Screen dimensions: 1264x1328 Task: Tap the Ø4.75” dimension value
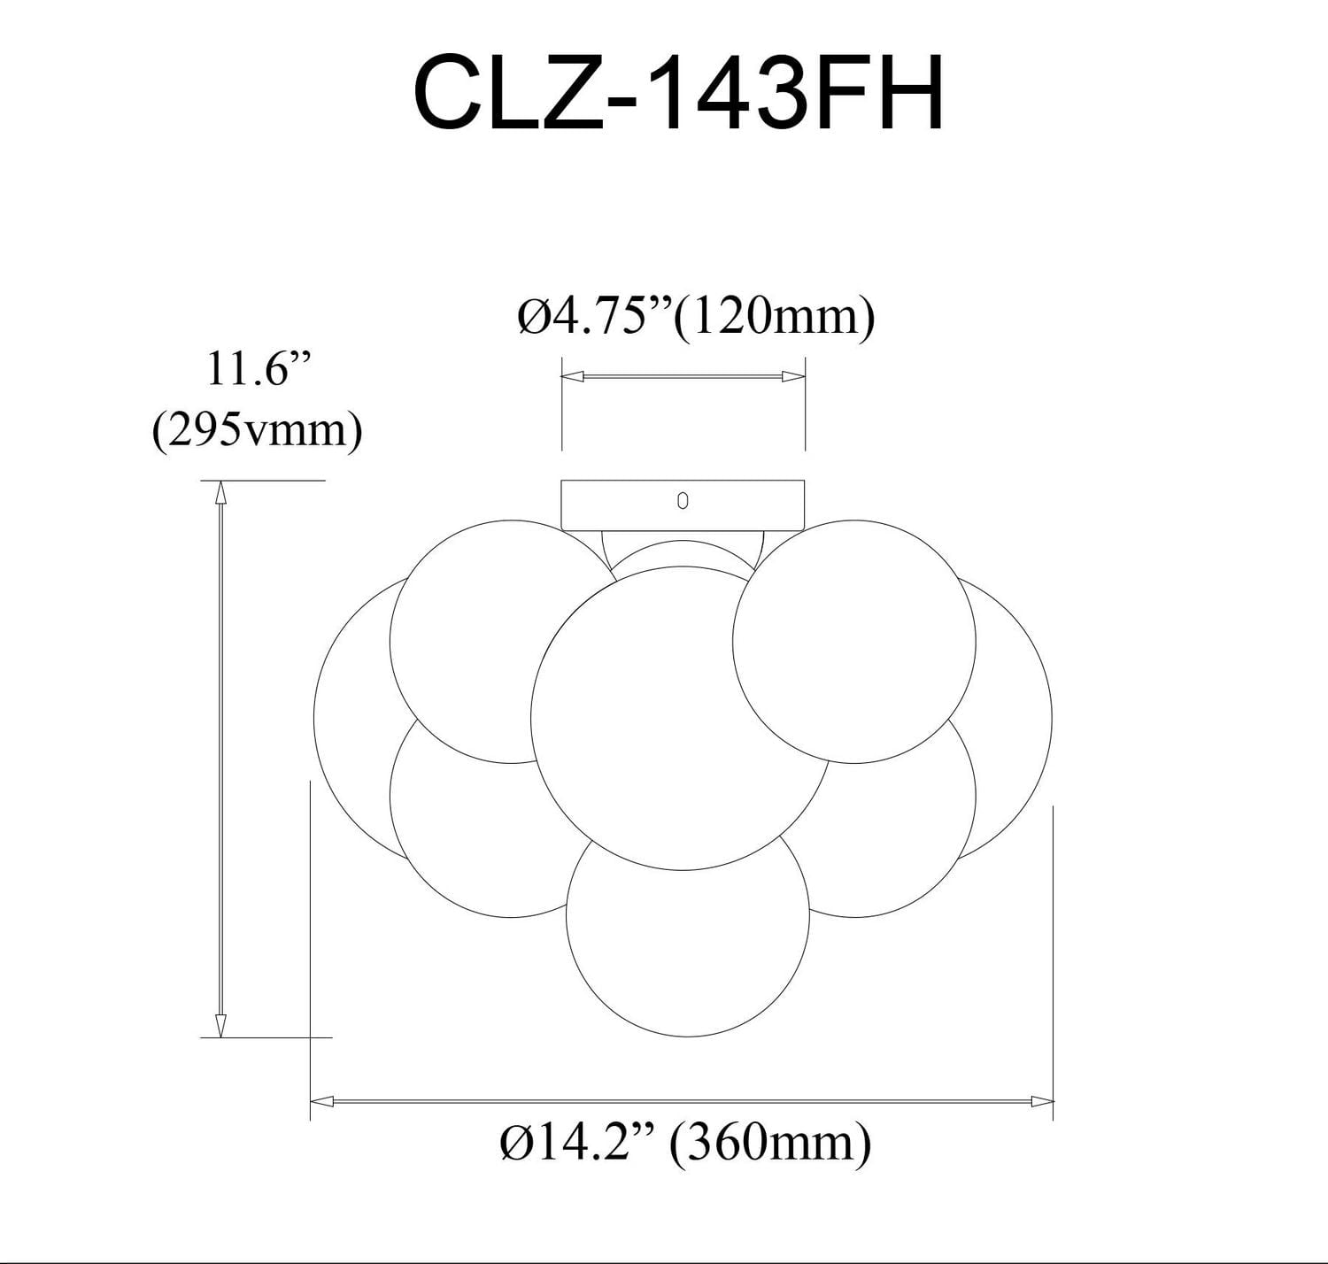point(594,316)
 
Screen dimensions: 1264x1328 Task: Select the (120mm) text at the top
point(774,316)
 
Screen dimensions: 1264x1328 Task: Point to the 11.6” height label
point(248,370)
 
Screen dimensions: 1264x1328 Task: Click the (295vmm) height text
point(257,431)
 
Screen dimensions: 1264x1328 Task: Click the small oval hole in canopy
point(683,501)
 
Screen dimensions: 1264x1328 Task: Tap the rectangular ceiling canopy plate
point(620,505)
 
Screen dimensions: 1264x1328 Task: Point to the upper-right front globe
point(853,642)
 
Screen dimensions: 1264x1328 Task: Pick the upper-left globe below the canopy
point(478,637)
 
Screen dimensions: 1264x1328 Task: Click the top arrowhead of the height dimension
point(220,491)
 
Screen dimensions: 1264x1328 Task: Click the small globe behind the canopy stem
point(680,554)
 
